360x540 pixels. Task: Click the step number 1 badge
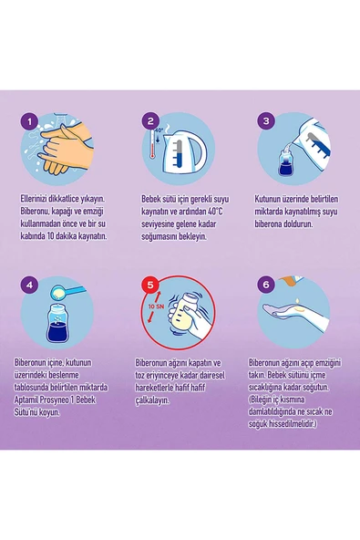pyautogui.click(x=29, y=121)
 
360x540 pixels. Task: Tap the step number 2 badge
pyautogui.click(x=150, y=121)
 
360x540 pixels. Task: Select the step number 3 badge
pyautogui.click(x=266, y=121)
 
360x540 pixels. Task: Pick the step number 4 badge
pyautogui.click(x=29, y=286)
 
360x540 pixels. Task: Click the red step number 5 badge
pyautogui.click(x=150, y=286)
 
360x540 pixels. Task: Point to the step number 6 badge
pyautogui.click(x=266, y=286)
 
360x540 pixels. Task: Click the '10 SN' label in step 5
pyautogui.click(x=156, y=306)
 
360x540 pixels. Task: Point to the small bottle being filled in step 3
pyautogui.click(x=284, y=161)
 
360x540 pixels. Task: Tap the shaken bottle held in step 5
pyautogui.click(x=186, y=314)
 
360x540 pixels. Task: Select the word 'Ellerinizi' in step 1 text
pyautogui.click(x=34, y=199)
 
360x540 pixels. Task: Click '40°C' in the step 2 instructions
pyautogui.click(x=215, y=211)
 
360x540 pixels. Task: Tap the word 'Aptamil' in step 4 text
pyautogui.click(x=26, y=400)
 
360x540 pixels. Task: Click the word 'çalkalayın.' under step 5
pyautogui.click(x=152, y=400)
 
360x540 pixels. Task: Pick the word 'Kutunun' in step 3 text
pyautogui.click(x=267, y=199)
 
